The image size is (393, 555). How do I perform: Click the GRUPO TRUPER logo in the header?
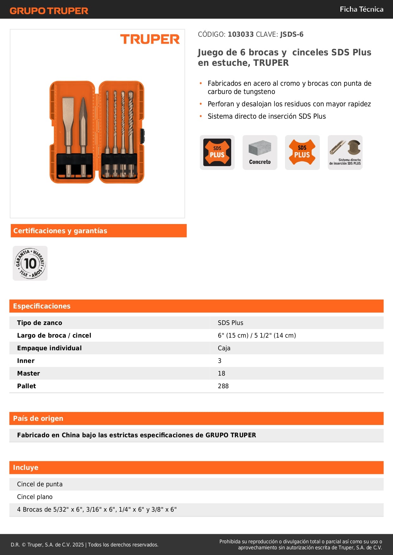(49, 11)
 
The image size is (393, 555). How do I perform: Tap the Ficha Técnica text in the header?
(361, 9)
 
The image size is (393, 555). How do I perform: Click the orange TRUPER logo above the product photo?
(150, 39)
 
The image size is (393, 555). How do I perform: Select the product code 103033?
(241, 34)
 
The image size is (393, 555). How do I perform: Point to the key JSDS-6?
(292, 34)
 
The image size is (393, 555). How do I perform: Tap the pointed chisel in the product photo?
(83, 127)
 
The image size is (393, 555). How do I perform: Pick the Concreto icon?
(260, 153)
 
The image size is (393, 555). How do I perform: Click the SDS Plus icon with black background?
(217, 153)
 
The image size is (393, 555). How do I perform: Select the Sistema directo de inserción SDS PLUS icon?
(345, 153)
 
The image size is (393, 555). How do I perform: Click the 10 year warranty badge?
(30, 263)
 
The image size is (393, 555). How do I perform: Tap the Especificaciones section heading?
(42, 306)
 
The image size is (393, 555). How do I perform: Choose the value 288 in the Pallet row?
(223, 386)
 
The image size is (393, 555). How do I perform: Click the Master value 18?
(221, 373)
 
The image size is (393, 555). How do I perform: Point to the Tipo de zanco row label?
(40, 323)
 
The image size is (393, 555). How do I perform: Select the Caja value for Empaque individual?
(224, 348)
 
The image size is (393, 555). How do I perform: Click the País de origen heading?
(38, 418)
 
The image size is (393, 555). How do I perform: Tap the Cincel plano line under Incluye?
(35, 497)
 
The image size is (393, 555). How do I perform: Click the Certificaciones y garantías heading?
(60, 231)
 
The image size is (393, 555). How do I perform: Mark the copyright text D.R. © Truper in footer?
(84, 545)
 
